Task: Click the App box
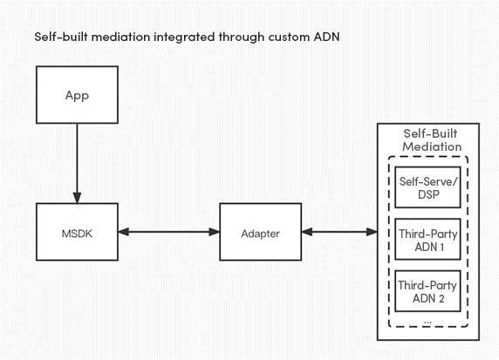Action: pos(77,95)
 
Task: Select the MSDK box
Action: pos(77,232)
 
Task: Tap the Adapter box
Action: pos(260,232)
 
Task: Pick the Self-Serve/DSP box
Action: pos(427,187)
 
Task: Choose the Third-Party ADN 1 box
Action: pos(427,239)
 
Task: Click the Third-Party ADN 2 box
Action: pos(427,291)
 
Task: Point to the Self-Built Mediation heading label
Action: pos(431,140)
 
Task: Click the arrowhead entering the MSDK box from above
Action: pos(77,198)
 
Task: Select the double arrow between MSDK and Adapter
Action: pos(168,232)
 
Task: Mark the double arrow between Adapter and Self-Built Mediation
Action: pos(339,232)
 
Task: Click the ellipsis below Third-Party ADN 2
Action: pos(427,323)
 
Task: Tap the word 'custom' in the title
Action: pos(289,37)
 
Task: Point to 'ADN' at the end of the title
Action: pos(327,37)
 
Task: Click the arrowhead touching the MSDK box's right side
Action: pos(124,232)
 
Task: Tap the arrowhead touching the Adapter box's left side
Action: pos(215,232)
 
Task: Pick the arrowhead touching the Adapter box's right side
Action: pos(307,232)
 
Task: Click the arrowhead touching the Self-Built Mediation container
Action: pos(372,232)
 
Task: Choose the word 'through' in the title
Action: pos(242,37)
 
